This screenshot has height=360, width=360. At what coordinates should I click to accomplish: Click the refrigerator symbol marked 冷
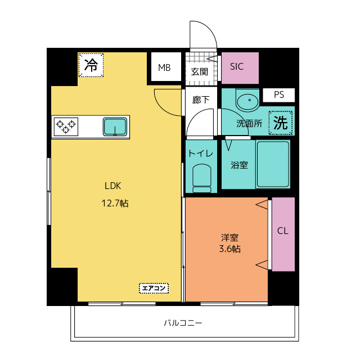point(91,65)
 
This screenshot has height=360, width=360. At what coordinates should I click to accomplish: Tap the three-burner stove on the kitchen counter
point(66,127)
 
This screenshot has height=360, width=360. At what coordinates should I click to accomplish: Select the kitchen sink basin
point(115,127)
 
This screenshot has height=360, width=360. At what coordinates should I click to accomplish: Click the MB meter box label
point(164,67)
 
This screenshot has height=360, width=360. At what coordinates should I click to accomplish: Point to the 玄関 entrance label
point(199,72)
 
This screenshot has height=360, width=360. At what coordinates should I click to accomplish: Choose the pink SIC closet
point(240,68)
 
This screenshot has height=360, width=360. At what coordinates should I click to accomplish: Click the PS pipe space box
point(279,95)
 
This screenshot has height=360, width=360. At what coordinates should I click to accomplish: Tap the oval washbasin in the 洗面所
point(247,101)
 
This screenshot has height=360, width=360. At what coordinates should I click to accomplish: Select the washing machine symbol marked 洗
point(281,123)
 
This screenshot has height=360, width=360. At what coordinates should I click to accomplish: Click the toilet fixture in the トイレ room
point(202,178)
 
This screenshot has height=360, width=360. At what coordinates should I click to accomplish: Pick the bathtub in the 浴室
point(273,164)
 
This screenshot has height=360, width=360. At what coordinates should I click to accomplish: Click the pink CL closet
point(283,234)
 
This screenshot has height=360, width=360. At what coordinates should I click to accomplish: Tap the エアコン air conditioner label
point(154,288)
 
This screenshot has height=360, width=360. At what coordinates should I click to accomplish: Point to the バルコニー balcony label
point(183,323)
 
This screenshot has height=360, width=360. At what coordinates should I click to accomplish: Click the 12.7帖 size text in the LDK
point(115,203)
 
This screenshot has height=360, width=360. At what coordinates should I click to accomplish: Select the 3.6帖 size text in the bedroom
point(230,249)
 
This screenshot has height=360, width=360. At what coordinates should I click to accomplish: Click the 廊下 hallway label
point(201,100)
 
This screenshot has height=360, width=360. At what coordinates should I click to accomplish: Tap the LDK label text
point(112,186)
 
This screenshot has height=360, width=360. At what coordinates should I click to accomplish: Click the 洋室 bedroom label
point(229,237)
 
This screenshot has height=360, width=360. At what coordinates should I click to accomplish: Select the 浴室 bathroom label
point(239,165)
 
